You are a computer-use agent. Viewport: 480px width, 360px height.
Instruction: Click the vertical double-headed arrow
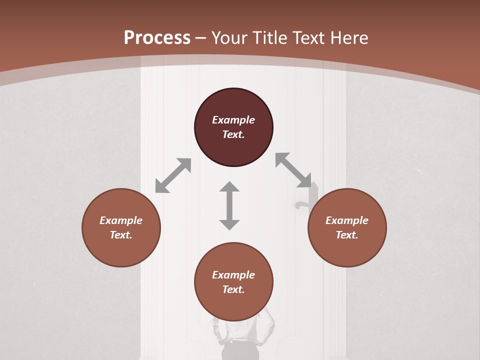point(229,205)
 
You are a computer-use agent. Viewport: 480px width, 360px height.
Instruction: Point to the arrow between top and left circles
point(173,175)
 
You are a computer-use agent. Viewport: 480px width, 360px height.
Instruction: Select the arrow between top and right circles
point(293,170)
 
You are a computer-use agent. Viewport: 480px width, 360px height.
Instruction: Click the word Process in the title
point(157,37)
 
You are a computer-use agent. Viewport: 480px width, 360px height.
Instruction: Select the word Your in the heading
point(230,37)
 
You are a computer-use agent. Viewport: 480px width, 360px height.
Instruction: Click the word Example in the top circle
point(233,120)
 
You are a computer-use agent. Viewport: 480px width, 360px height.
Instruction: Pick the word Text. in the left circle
point(121,235)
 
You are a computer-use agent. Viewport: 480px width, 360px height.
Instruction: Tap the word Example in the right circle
point(347,220)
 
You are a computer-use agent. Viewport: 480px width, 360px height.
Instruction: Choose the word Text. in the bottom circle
point(233,289)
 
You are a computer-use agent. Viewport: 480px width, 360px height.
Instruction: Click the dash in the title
point(201,38)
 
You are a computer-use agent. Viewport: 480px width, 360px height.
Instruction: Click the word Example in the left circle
point(121,220)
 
